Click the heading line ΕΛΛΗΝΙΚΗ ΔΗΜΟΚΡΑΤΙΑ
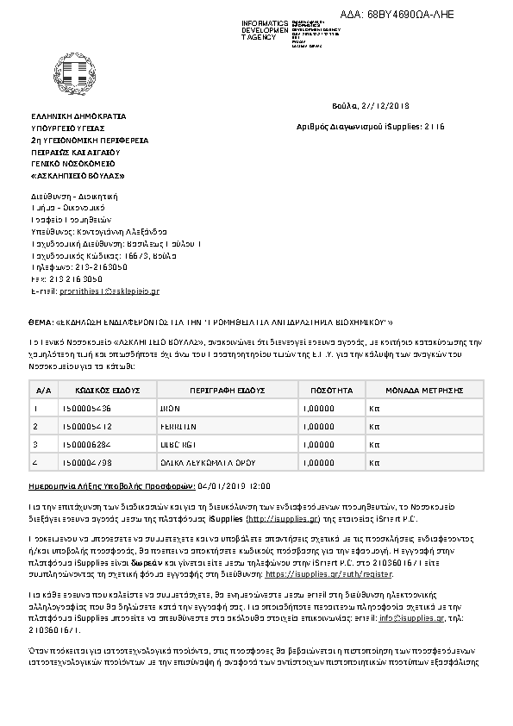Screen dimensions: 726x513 coord(78,115)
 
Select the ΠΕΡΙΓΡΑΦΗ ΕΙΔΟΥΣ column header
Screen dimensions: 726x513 coord(228,391)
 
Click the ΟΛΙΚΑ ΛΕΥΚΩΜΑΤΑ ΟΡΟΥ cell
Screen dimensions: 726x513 coord(227,463)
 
